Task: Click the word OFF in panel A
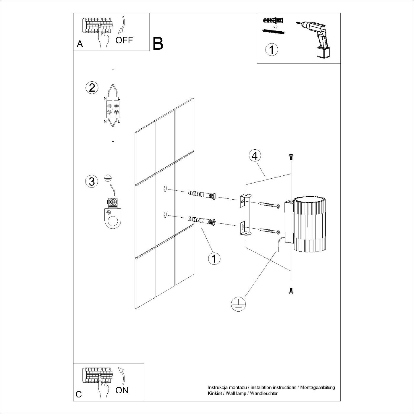tap(124, 40)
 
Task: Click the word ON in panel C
tap(122, 390)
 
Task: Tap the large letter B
tap(158, 44)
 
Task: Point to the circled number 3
tap(92, 181)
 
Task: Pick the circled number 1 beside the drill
tap(272, 49)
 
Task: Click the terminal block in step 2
tap(113, 109)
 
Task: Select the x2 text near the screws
tap(275, 27)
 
